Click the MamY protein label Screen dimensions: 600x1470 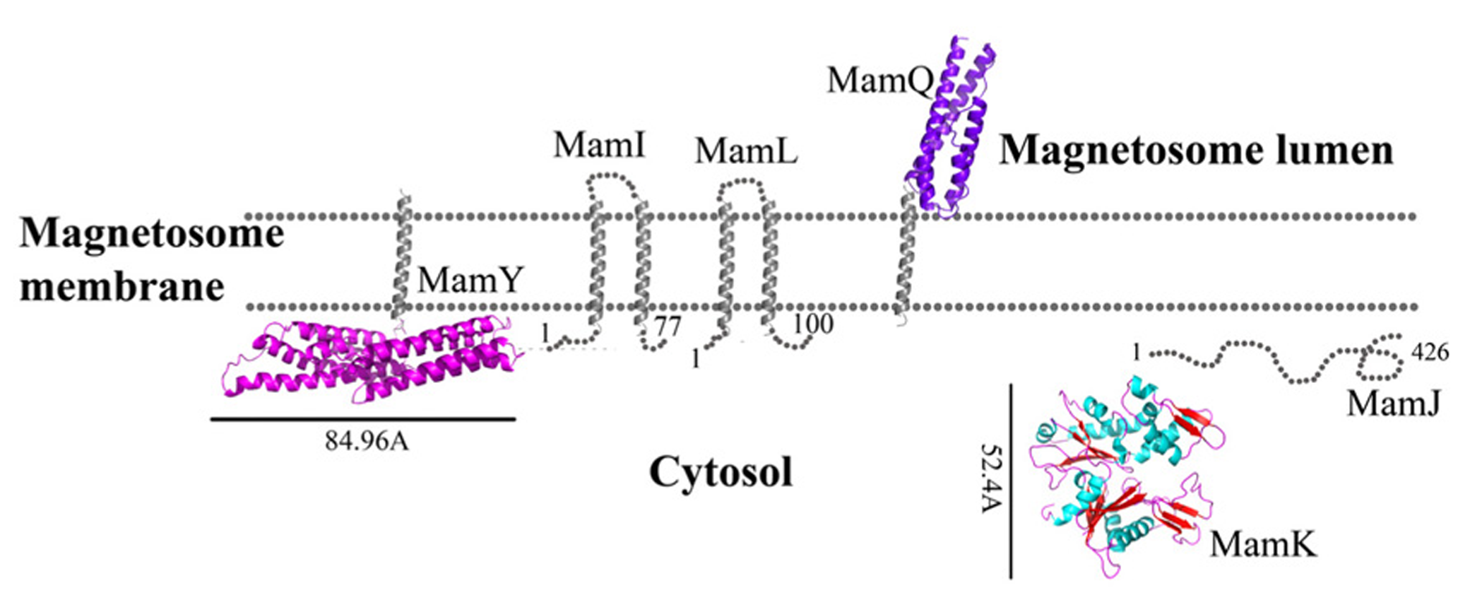(x=470, y=281)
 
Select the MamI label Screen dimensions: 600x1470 (x=599, y=146)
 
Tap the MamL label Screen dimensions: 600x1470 (x=746, y=151)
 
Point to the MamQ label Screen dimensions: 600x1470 (x=880, y=81)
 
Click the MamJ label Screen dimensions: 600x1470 (x=1393, y=404)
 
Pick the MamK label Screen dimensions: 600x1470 (x=1263, y=545)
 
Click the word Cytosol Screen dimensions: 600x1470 (x=721, y=472)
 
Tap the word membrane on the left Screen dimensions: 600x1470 (x=121, y=286)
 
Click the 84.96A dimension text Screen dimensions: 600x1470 (x=367, y=441)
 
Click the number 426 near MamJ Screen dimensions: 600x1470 (x=1430, y=352)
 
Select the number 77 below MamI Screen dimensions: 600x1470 (x=667, y=327)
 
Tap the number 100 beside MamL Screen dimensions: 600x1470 (x=813, y=324)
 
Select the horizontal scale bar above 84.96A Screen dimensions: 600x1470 (x=362, y=419)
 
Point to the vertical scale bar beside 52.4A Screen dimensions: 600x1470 (x=1011, y=481)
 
